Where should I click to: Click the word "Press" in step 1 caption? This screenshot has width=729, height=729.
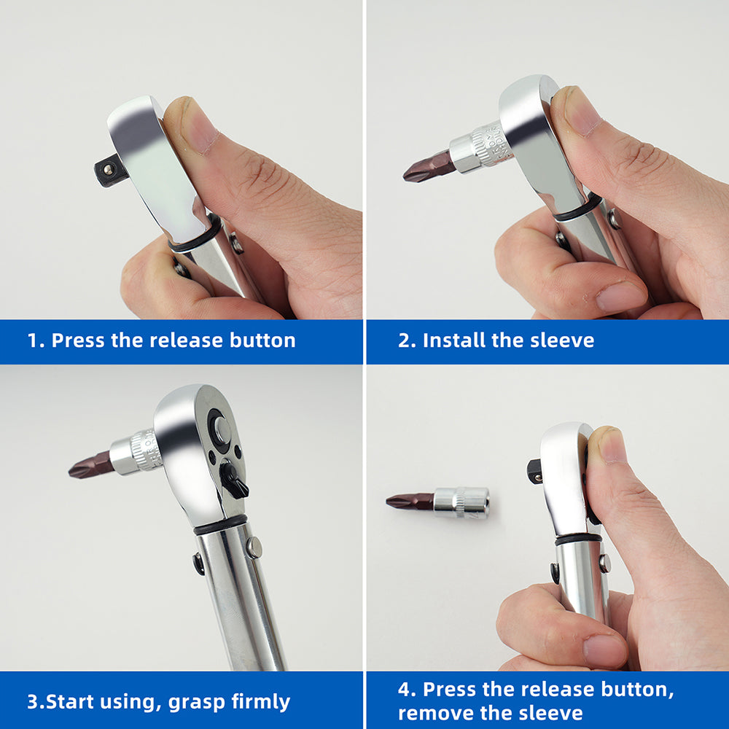(78, 340)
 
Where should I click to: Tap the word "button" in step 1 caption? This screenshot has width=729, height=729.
(262, 340)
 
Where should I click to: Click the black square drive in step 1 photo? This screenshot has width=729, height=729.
(106, 171)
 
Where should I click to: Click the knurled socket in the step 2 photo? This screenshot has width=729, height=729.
(480, 149)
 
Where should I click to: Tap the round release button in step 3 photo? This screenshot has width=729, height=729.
(221, 429)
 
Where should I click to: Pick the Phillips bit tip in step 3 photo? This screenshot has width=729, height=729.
(78, 469)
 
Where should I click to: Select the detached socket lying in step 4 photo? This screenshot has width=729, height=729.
(461, 502)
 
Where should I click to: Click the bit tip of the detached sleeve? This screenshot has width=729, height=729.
(395, 501)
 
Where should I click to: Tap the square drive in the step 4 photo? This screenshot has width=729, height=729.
(534, 471)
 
